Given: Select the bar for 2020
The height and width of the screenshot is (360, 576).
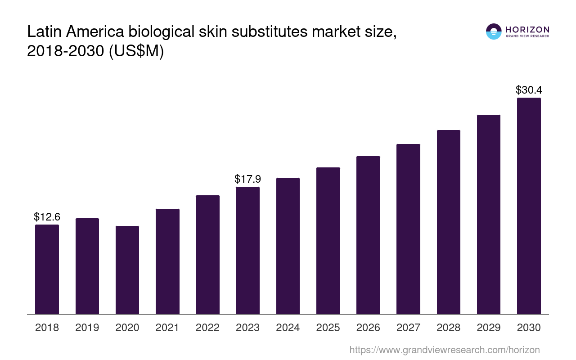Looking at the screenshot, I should [127, 270].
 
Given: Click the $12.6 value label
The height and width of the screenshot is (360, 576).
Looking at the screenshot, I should [47, 217].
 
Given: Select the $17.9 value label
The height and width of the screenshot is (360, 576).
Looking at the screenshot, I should [247, 179].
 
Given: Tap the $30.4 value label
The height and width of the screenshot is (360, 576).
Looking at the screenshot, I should [529, 90].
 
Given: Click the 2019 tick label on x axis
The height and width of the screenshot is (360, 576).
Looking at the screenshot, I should [87, 328].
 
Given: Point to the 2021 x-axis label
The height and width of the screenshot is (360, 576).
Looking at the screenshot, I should [167, 328].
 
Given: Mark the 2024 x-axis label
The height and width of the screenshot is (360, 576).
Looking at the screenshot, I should [288, 328].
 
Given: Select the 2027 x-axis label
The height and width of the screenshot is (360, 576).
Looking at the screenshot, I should [408, 328].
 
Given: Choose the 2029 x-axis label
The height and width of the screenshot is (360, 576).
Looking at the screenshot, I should [489, 328].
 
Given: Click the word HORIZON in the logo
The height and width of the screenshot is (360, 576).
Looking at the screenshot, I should [527, 29].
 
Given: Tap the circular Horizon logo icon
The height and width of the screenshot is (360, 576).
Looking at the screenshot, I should [494, 31].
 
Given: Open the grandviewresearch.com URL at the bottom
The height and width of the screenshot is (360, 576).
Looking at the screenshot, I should [444, 350].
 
